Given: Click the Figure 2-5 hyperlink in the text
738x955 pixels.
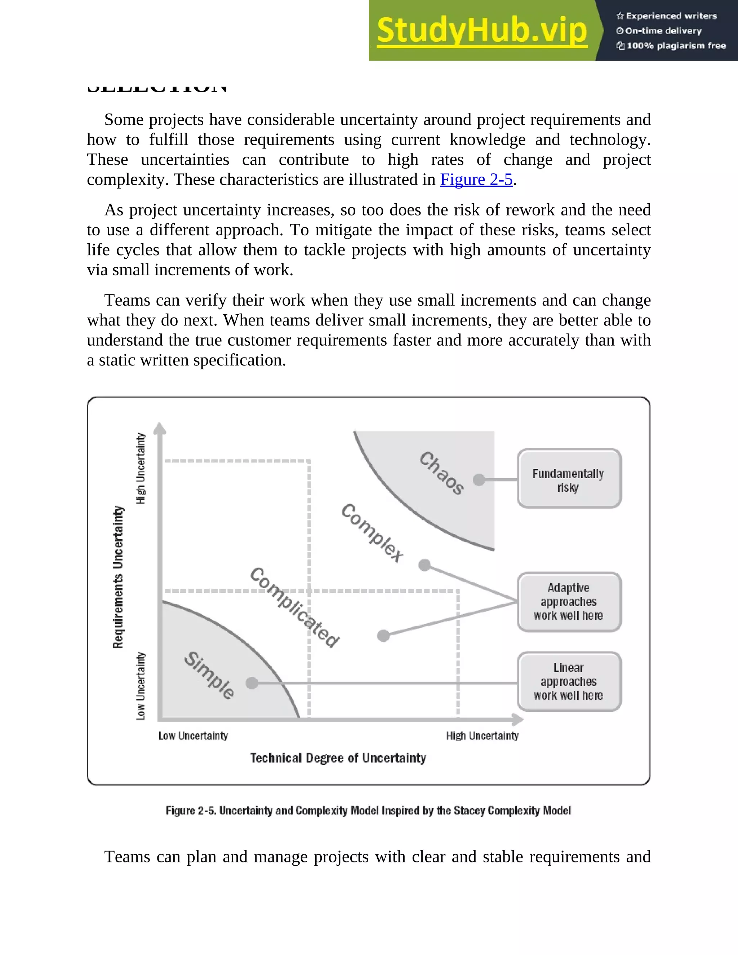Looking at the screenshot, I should (476, 180).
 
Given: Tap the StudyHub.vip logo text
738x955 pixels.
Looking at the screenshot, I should (481, 31).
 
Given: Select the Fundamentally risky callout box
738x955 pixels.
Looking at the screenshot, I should (569, 479).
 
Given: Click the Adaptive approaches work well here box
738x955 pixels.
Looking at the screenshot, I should (569, 602).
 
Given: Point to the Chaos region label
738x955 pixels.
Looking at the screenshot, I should (441, 474).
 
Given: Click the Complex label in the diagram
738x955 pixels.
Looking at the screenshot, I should (372, 533).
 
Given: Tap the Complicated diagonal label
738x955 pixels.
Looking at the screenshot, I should (294, 607).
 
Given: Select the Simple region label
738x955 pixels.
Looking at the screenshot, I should (209, 675).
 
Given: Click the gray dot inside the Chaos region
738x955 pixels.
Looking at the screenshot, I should (479, 480).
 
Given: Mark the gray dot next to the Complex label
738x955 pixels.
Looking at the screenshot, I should (424, 565).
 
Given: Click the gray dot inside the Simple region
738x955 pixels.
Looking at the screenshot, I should (252, 683).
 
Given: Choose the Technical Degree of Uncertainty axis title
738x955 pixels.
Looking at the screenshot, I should (338, 758).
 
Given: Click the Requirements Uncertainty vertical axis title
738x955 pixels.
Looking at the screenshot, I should (118, 577).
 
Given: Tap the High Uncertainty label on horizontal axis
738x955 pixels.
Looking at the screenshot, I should (482, 736).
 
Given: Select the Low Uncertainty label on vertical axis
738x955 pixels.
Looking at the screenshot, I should (140, 686).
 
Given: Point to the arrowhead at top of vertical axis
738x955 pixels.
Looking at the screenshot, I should (160, 428).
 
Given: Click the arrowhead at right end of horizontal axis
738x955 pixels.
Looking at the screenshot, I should (518, 719).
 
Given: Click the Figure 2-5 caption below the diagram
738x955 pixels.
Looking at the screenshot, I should (368, 811).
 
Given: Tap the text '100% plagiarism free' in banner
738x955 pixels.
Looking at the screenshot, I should (676, 46).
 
